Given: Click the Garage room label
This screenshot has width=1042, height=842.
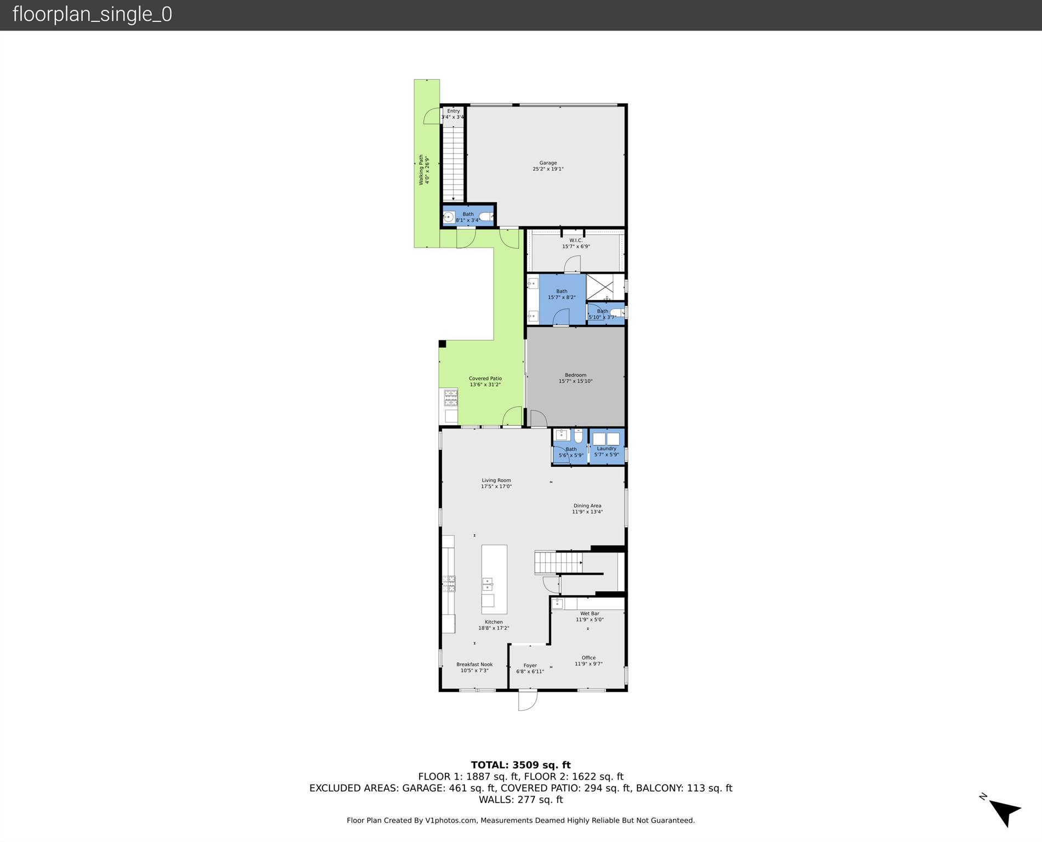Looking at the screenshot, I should [548, 166].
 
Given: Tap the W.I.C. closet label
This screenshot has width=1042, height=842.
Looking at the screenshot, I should [576, 243].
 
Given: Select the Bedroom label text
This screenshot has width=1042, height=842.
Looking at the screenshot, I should [575, 378].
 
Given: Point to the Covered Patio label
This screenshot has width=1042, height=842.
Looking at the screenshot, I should [485, 381].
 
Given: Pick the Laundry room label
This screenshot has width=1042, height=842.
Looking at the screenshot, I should [607, 451].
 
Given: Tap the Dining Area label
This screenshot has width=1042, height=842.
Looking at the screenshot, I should [587, 508].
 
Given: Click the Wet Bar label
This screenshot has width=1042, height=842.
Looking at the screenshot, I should [590, 617].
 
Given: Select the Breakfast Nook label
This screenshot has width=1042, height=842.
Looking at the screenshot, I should [474, 667].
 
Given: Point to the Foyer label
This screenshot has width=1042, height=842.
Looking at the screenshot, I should [530, 668].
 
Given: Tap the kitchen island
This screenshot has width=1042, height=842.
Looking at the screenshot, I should [494, 579].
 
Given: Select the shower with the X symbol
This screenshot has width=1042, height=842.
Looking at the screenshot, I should [600, 287].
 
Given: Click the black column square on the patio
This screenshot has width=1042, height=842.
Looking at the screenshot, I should [442, 344].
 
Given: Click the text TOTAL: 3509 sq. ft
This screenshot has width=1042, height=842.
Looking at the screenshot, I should [520, 765].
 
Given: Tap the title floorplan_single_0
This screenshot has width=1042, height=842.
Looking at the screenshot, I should [92, 14].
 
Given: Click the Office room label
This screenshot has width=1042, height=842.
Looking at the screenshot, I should [588, 660].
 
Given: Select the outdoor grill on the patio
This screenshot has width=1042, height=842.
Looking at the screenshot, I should [450, 397].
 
